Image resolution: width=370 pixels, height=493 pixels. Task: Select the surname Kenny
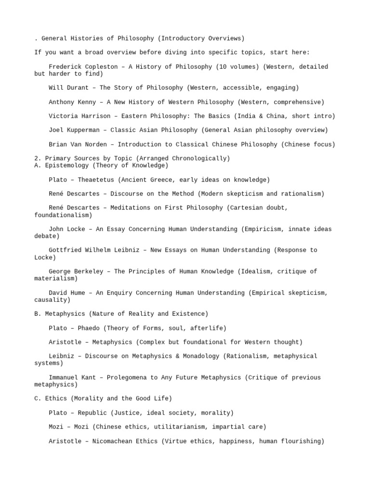[87, 102]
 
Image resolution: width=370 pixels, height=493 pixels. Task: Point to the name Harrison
[96, 116]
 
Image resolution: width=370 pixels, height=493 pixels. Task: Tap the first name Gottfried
[65, 250]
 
